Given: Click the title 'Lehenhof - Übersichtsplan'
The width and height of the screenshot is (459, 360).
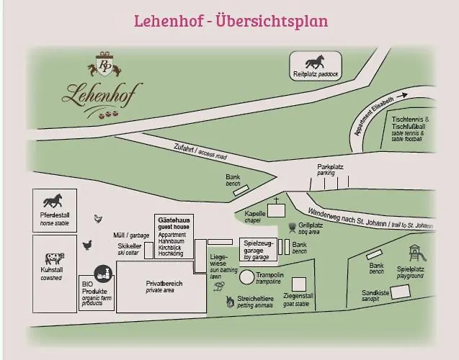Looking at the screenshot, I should click(x=231, y=20).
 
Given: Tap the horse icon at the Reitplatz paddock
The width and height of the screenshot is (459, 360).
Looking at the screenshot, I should click(x=313, y=61).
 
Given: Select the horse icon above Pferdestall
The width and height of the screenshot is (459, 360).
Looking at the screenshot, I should click(x=53, y=200).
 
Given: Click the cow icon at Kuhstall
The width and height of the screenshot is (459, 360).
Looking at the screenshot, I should click(x=54, y=258).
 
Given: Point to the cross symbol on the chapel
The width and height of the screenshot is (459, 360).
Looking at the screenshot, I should click(x=275, y=202).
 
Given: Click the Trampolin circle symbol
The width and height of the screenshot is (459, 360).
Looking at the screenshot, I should click(x=247, y=276).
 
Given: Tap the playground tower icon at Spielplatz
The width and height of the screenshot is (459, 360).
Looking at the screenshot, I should click(x=416, y=253).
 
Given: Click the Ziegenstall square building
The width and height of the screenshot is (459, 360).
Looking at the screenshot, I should click(x=298, y=284).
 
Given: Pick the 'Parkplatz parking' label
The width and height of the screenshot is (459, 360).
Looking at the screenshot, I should click(x=331, y=169).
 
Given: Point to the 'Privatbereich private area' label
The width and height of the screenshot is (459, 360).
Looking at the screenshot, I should click(x=164, y=287).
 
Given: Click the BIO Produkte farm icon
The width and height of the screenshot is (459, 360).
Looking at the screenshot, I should click(x=103, y=273).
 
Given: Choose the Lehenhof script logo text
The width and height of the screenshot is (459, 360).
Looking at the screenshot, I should click(x=102, y=92).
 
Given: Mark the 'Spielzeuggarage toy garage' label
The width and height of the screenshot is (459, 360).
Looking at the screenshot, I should click(x=258, y=249).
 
